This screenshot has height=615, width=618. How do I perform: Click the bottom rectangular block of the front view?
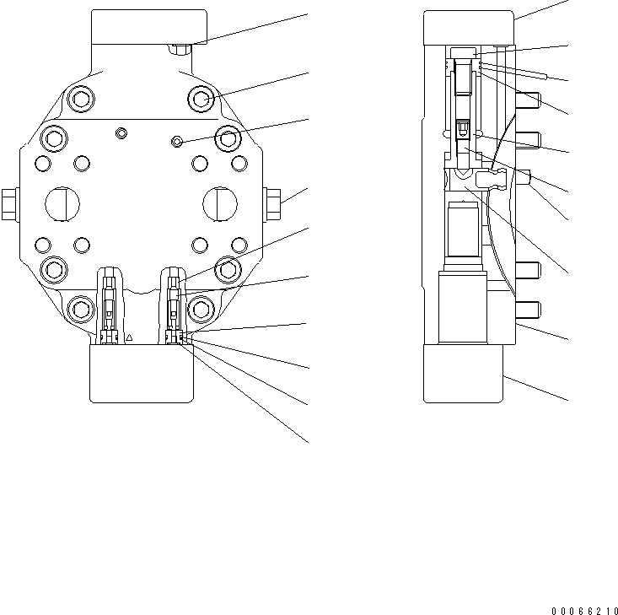pos(142,373)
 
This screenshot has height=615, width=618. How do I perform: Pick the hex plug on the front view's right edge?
pos(273,201)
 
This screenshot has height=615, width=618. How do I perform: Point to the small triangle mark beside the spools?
pos(129,337)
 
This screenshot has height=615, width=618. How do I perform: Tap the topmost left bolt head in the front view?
pos(79,100)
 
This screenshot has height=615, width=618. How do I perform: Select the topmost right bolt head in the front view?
pos(203,99)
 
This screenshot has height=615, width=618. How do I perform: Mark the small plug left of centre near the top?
pos(121,133)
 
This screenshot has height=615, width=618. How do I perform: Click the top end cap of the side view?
pos(468,27)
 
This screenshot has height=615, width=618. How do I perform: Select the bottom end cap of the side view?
pos(463,373)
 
